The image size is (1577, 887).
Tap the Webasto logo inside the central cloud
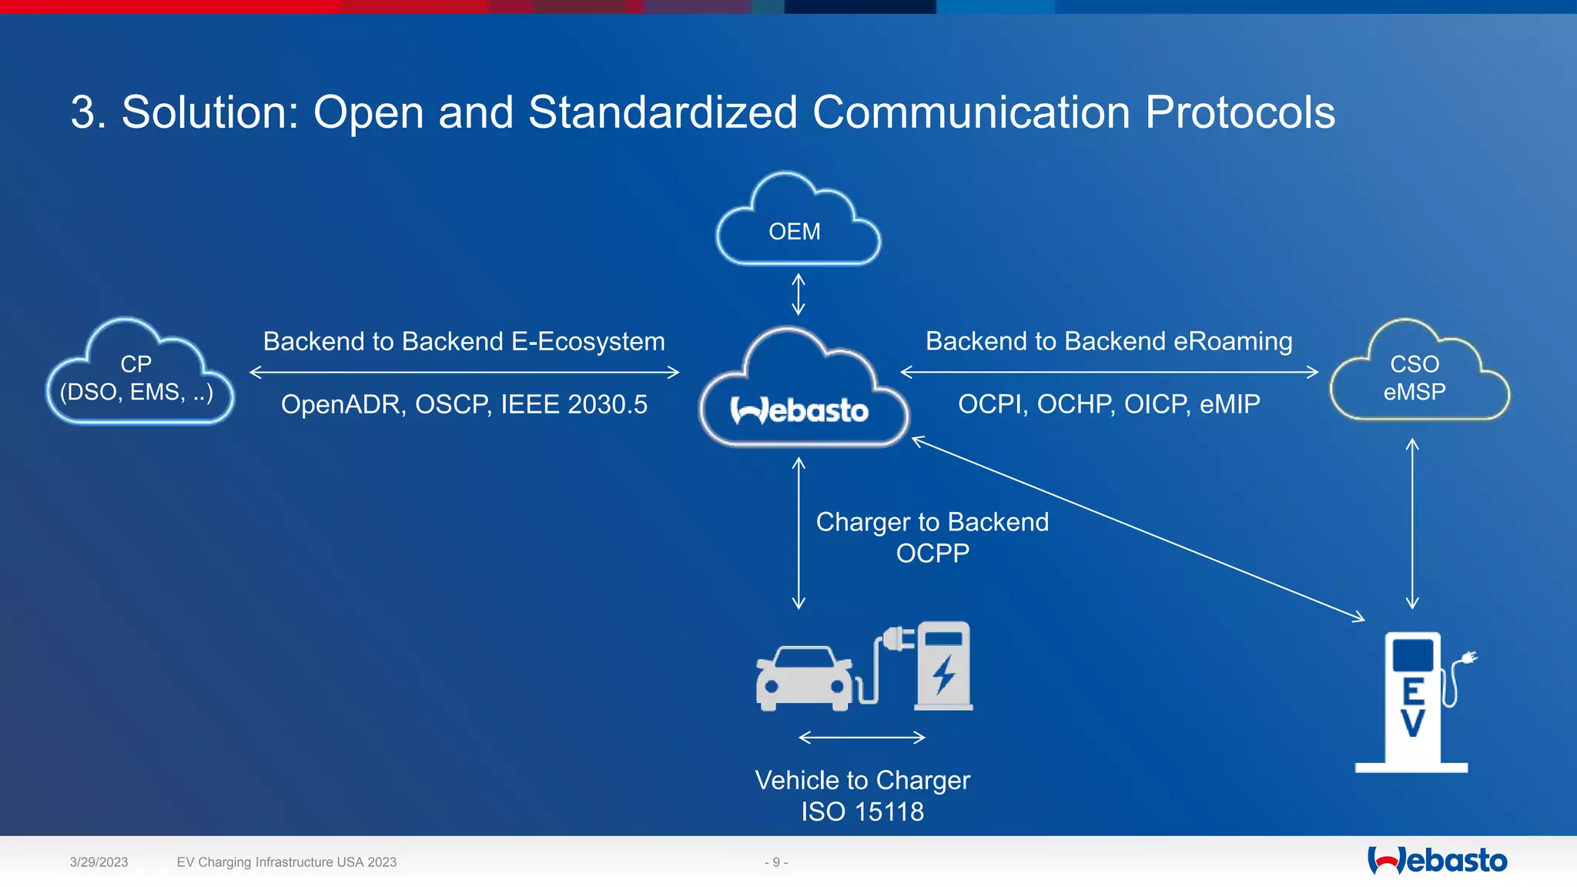tap(799, 411)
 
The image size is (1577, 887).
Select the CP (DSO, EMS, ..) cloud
tap(139, 378)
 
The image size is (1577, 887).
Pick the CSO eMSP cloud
tap(1418, 378)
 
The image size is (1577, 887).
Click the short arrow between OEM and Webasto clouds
tap(799, 294)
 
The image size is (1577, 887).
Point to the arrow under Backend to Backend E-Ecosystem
tap(464, 373)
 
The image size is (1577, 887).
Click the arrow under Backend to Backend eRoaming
tap(1109, 373)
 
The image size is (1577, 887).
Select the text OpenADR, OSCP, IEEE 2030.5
tap(464, 405)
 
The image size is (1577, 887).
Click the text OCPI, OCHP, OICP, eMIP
tap(1109, 404)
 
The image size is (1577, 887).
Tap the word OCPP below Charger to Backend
tap(932, 554)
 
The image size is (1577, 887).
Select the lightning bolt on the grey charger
tap(944, 674)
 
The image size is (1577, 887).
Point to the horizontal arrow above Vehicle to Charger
tap(862, 738)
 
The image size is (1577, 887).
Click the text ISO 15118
tap(862, 812)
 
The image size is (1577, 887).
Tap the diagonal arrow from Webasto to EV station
tap(1138, 529)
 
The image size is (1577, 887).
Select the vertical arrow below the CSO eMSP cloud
tap(1412, 524)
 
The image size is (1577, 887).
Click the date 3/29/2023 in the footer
tap(99, 862)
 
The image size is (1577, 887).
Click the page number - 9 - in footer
tap(776, 862)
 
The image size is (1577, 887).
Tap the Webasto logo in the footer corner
tap(1437, 861)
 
